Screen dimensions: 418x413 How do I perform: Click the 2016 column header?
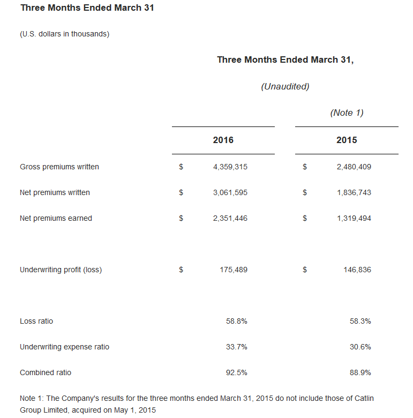click(223, 140)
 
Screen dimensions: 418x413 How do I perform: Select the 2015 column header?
click(347, 140)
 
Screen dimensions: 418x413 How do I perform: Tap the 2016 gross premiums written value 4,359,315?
click(230, 167)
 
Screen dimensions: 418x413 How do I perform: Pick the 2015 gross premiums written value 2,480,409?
click(354, 167)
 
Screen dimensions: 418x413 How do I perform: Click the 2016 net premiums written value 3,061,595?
click(230, 192)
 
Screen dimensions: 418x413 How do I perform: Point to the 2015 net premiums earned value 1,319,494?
click(354, 218)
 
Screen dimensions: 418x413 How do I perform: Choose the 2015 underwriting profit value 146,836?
click(357, 270)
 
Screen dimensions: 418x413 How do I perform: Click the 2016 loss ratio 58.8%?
click(236, 321)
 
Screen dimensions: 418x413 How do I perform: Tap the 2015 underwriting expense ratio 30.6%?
click(360, 347)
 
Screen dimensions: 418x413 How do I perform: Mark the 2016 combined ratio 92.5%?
click(236, 372)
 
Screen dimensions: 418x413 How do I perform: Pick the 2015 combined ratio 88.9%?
click(360, 372)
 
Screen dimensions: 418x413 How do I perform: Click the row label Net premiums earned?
click(56, 218)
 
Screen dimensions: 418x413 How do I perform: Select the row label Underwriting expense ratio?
click(64, 347)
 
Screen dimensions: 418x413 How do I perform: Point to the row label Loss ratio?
click(36, 321)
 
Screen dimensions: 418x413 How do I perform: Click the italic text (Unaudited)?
click(285, 86)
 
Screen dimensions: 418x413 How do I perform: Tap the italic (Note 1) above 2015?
click(347, 113)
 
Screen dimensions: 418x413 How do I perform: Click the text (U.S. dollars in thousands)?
click(64, 34)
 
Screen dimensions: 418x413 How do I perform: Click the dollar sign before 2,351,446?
click(181, 218)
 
